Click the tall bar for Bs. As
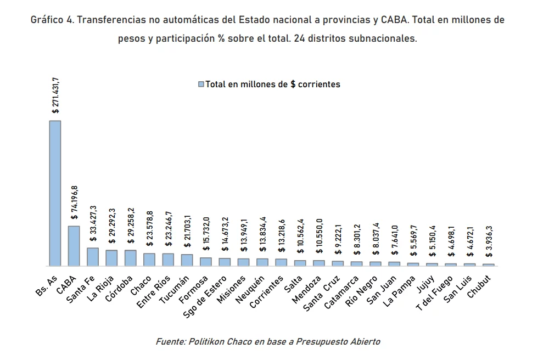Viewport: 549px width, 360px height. (55, 193)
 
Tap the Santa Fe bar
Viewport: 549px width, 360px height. (93, 257)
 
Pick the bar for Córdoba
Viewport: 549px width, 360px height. (130, 258)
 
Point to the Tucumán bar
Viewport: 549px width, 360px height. (187, 260)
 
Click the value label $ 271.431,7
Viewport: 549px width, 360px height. (55, 95)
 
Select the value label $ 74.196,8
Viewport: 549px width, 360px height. (74, 203)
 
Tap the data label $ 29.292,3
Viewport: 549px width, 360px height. (111, 225)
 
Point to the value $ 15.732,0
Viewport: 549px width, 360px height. (205, 233)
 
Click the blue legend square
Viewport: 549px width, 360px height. (200, 85)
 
